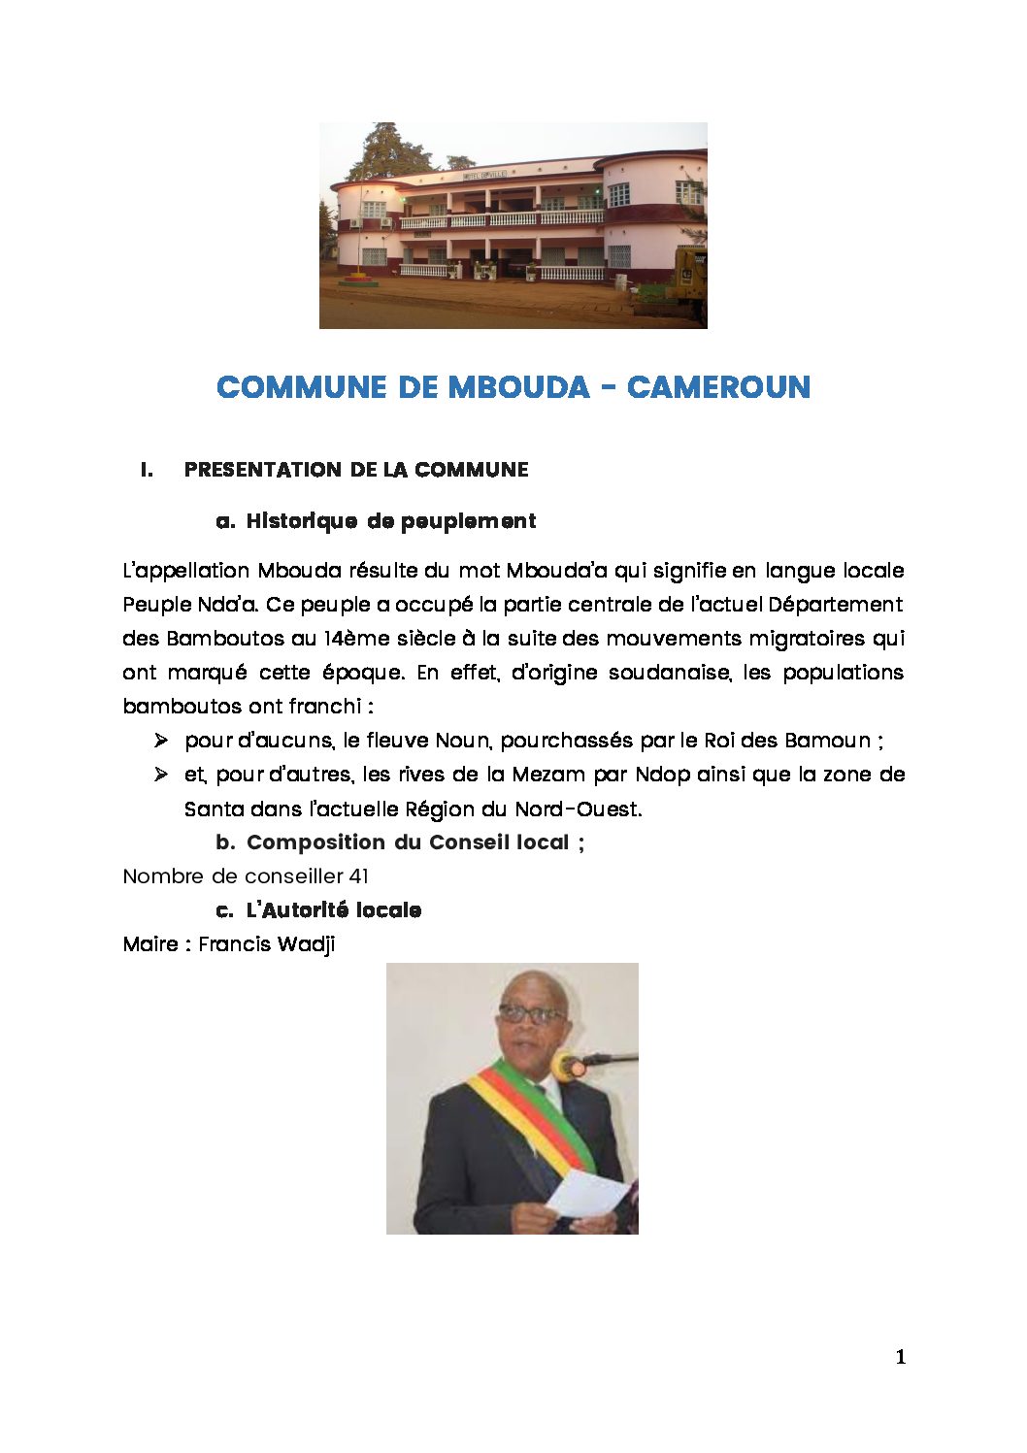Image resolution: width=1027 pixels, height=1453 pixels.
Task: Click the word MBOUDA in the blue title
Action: pos(518,387)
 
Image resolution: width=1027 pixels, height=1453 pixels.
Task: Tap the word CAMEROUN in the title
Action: pos(718,387)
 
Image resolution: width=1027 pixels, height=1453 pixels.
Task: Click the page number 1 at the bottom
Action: pos(900,1357)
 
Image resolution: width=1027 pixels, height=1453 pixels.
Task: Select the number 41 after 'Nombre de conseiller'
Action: pos(358,876)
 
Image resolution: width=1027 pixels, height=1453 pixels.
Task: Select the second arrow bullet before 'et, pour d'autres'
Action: pos(161,775)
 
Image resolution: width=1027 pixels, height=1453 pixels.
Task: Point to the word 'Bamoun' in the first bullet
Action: pos(827,741)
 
